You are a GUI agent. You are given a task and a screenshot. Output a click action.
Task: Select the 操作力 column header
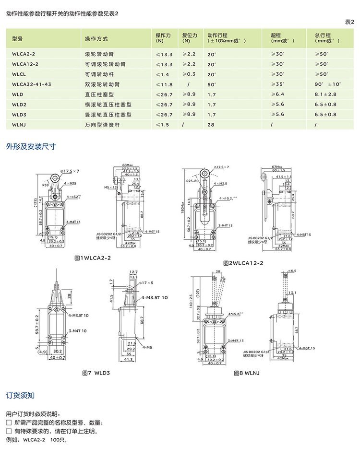(163, 38)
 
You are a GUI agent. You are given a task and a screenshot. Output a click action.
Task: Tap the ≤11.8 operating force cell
(164, 84)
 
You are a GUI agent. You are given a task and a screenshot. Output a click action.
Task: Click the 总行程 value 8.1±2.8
(325, 94)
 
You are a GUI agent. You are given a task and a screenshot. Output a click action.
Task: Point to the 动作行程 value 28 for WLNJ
(211, 125)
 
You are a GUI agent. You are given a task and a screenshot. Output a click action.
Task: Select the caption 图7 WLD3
(96, 372)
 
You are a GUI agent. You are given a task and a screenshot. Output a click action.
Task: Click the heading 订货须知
(20, 396)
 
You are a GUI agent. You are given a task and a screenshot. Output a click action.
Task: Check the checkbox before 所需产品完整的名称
(9, 423)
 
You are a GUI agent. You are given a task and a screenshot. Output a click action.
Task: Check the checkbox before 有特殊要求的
(9, 431)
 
